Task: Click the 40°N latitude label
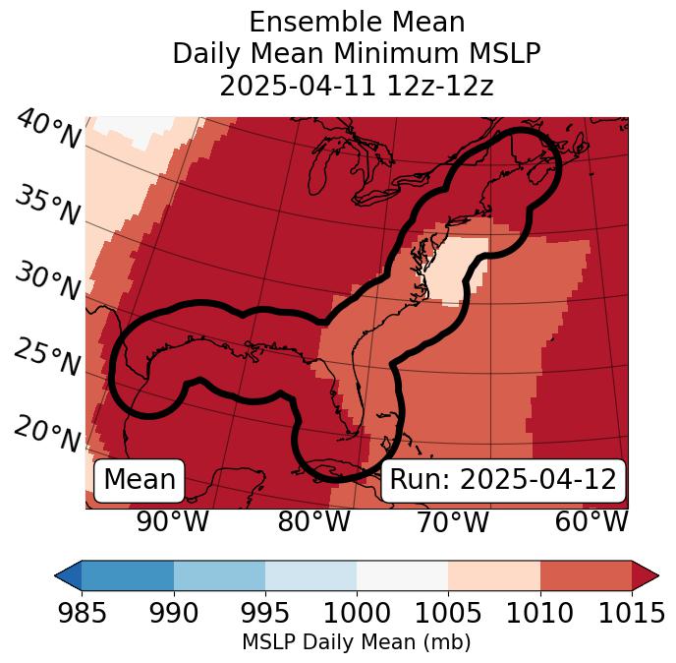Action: [x=47, y=130]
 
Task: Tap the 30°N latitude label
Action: [x=47, y=282]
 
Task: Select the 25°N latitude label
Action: [x=47, y=358]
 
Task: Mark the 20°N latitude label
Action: [x=47, y=434]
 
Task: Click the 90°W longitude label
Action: [x=173, y=522]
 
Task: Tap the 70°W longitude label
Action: [x=453, y=522]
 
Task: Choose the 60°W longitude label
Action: [x=591, y=522]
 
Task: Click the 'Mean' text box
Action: [x=140, y=480]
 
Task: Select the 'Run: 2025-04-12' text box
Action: [x=503, y=480]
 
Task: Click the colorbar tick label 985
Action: [x=82, y=614]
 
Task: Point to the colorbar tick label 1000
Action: [x=357, y=614]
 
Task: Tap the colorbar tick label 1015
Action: [x=632, y=614]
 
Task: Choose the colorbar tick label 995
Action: [x=265, y=614]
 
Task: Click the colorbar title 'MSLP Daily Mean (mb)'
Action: [x=357, y=643]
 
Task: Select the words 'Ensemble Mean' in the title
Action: [x=357, y=22]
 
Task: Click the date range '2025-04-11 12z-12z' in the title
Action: [x=357, y=86]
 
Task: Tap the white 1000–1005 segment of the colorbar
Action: [x=402, y=575]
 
